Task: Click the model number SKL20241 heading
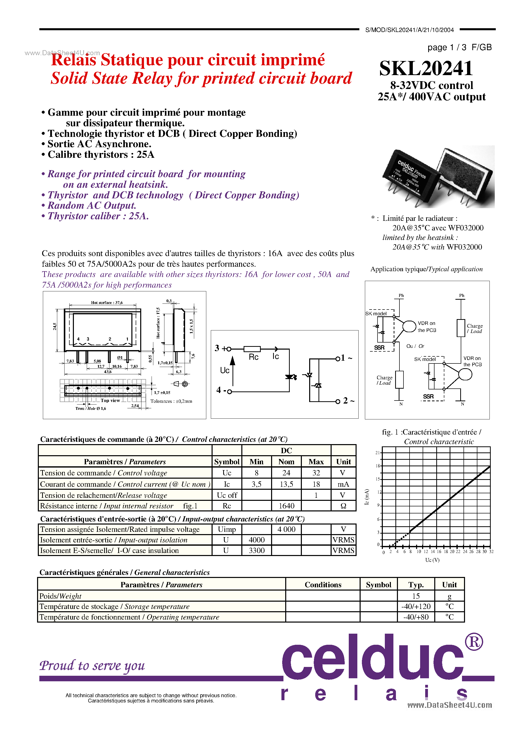[426, 68]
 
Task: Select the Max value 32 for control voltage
[316, 473]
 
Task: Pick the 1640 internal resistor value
[286, 506]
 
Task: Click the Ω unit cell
[343, 506]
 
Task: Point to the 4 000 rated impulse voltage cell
[286, 529]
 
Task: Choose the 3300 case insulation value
[257, 550]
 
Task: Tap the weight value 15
[416, 596]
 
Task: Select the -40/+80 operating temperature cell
[416, 617]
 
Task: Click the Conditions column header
[323, 585]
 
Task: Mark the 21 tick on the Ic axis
[378, 453]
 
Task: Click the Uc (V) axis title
[432, 560]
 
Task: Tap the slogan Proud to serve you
[92, 665]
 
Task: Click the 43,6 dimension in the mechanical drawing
[108, 372]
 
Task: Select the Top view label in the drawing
[110, 400]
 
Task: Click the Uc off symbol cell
[227, 495]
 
